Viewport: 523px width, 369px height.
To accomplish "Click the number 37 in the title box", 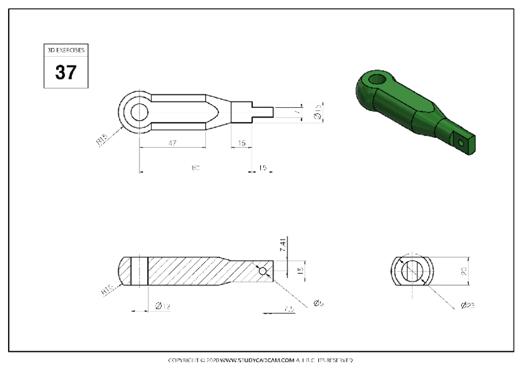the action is tap(65, 72).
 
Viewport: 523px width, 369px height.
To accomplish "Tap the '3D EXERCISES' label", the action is tap(65, 49).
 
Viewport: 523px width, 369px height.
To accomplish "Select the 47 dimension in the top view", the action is tap(172, 143).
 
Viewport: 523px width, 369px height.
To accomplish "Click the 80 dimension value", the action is tap(196, 168).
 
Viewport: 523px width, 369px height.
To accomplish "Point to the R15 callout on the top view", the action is tap(102, 142).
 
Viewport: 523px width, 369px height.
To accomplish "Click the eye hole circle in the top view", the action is tap(139, 112).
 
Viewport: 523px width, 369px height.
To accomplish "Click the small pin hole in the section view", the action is tap(263, 270).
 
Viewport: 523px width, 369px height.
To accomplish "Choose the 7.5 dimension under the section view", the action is tap(289, 309).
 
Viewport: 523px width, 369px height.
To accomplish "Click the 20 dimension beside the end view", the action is tap(464, 271).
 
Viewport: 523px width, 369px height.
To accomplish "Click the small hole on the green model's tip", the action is tap(462, 142).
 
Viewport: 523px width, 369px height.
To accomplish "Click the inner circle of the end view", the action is tap(413, 271).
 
